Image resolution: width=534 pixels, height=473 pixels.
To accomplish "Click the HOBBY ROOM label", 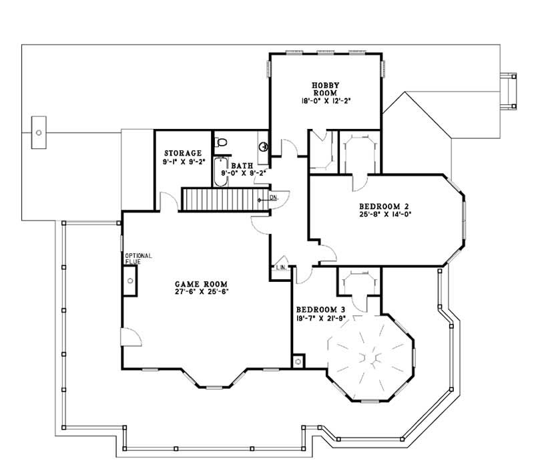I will point(326,89).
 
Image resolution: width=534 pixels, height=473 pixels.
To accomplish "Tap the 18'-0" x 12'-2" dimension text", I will point(326,102).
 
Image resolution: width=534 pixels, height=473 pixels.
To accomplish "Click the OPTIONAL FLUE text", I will point(138,259).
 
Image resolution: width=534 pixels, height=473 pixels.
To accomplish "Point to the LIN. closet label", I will point(281,268).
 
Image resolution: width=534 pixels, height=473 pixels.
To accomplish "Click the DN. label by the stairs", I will point(274,198).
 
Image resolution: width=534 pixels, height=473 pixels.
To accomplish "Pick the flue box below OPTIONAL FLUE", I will point(129,281).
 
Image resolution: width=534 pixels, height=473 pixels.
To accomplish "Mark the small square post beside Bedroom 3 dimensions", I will point(298,361).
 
